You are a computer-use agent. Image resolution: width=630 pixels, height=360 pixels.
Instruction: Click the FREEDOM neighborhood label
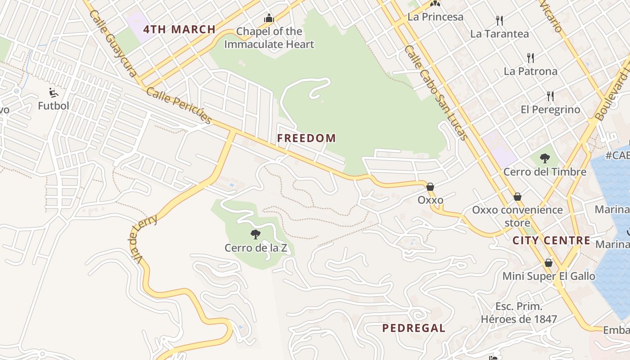(x=306, y=138)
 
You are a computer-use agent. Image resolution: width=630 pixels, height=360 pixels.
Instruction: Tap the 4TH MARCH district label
(x=179, y=30)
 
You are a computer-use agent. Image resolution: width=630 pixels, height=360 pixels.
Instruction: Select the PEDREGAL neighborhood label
(x=414, y=328)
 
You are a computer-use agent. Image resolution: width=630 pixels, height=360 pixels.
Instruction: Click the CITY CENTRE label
(x=551, y=241)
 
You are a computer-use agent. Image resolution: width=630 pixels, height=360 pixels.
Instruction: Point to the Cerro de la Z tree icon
(x=256, y=234)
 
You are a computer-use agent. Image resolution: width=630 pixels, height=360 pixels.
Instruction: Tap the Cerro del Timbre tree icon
(x=545, y=158)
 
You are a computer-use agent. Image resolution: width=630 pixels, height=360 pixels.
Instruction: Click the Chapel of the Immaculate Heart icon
(x=269, y=18)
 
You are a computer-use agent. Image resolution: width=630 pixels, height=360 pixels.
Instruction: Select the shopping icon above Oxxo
(x=430, y=186)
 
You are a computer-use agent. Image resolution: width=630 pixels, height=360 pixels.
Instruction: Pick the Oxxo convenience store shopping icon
(x=517, y=197)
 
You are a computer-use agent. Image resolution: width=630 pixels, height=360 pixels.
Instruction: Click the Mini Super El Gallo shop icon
(x=549, y=262)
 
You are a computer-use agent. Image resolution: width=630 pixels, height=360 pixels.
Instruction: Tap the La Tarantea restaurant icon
(x=499, y=20)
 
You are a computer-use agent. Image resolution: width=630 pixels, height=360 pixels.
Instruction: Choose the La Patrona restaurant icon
(x=531, y=58)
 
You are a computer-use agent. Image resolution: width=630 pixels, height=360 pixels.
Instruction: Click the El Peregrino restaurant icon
(x=550, y=96)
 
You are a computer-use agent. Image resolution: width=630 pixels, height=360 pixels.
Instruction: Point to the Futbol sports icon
(x=54, y=93)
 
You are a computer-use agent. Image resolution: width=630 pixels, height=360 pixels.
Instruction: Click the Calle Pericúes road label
(x=179, y=105)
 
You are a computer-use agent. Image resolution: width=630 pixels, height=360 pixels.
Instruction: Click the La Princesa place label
(x=435, y=17)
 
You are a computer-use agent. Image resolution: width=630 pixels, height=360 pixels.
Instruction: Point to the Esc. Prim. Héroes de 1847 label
(x=519, y=313)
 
